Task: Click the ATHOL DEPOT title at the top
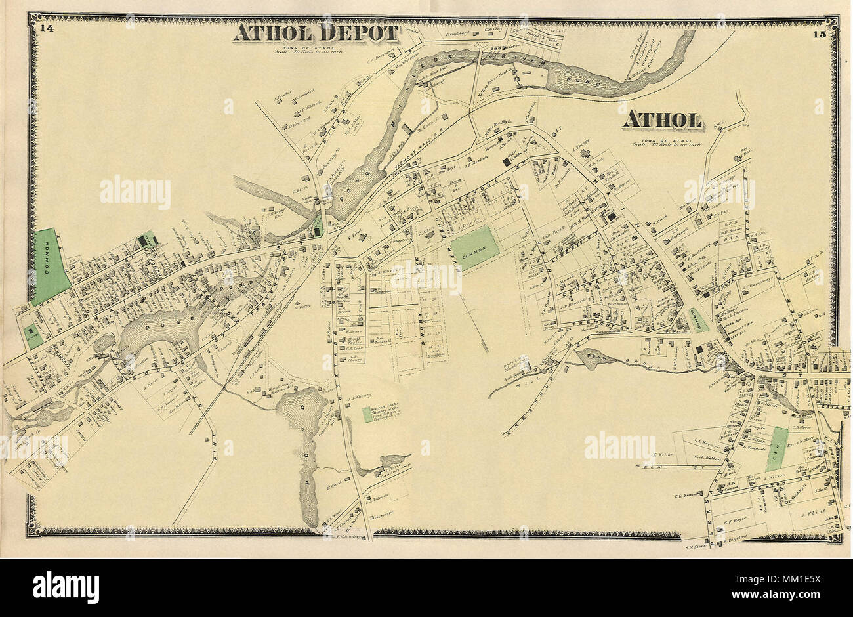coord(316,33)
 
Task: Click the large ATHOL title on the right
coord(662,120)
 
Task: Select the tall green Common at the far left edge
coord(50,266)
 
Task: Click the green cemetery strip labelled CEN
coord(777,448)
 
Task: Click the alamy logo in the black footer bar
coord(66,586)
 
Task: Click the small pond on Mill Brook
coord(594,358)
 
